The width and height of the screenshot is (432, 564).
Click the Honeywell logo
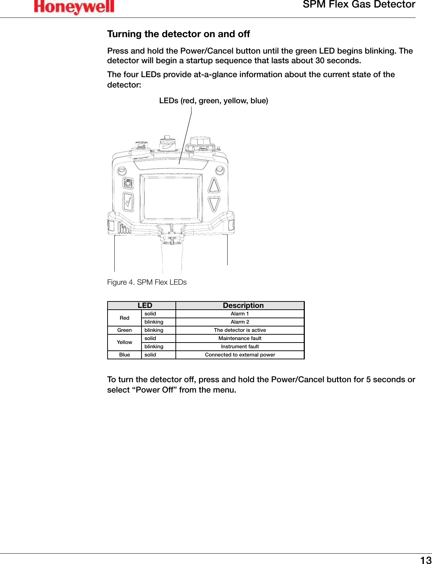coord(74,7)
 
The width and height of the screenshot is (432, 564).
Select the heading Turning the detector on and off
coord(178,34)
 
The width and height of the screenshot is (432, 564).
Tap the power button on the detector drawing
coord(128,184)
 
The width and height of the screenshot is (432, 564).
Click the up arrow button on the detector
coord(214,185)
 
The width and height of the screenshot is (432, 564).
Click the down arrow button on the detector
coord(214,204)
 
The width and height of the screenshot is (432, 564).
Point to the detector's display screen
coord(171,198)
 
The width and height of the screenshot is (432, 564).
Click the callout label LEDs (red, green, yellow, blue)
coord(213,101)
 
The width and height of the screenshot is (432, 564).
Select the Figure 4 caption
coord(147,282)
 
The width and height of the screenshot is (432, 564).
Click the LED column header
coord(145,305)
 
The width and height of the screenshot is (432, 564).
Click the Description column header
coord(243,305)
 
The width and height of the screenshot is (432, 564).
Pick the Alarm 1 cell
coord(240,314)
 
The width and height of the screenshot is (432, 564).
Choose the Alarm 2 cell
coord(240,322)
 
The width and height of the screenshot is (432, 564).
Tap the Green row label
coord(124,330)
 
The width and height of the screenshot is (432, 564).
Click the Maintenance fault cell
coord(240,338)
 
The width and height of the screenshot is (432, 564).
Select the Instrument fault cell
coord(240,346)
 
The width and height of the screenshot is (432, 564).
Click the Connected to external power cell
coord(240,355)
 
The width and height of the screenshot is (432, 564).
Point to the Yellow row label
coord(124,342)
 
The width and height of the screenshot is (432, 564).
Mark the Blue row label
coord(124,355)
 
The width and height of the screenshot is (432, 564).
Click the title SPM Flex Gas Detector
coord(359,5)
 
